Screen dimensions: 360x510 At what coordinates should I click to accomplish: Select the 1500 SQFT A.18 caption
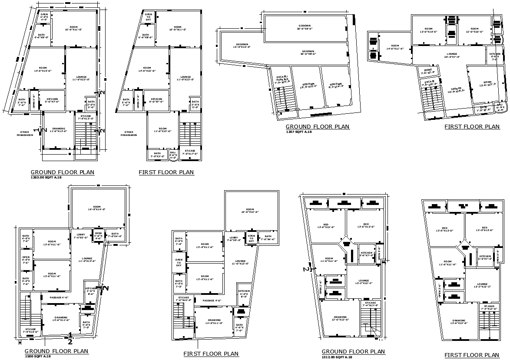[37, 357]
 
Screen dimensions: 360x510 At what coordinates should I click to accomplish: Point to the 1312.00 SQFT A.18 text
[337, 357]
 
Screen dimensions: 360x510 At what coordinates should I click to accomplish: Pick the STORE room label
[427, 71]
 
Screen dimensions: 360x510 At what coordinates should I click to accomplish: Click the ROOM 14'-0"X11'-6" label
[395, 47]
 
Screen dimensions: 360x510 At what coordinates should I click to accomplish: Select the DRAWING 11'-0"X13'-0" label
[59, 130]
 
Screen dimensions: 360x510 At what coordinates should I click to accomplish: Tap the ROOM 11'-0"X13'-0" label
[162, 130]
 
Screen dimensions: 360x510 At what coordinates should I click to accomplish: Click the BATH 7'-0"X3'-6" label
[157, 155]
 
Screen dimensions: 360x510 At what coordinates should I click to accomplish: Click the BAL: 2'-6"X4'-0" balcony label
[173, 155]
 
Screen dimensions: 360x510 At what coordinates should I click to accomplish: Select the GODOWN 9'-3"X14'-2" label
[336, 85]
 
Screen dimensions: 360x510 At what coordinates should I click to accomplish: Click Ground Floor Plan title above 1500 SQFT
[56, 351]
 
